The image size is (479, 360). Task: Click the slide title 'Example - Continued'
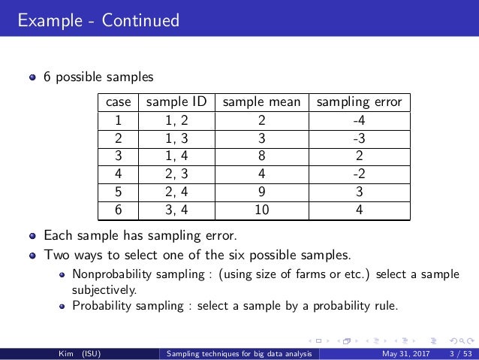(x=99, y=20)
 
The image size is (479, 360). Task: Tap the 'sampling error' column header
(x=360, y=102)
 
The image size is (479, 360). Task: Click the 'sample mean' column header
(x=262, y=102)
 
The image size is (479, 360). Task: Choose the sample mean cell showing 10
(x=262, y=211)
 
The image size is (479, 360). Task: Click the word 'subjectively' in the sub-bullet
(x=104, y=288)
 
